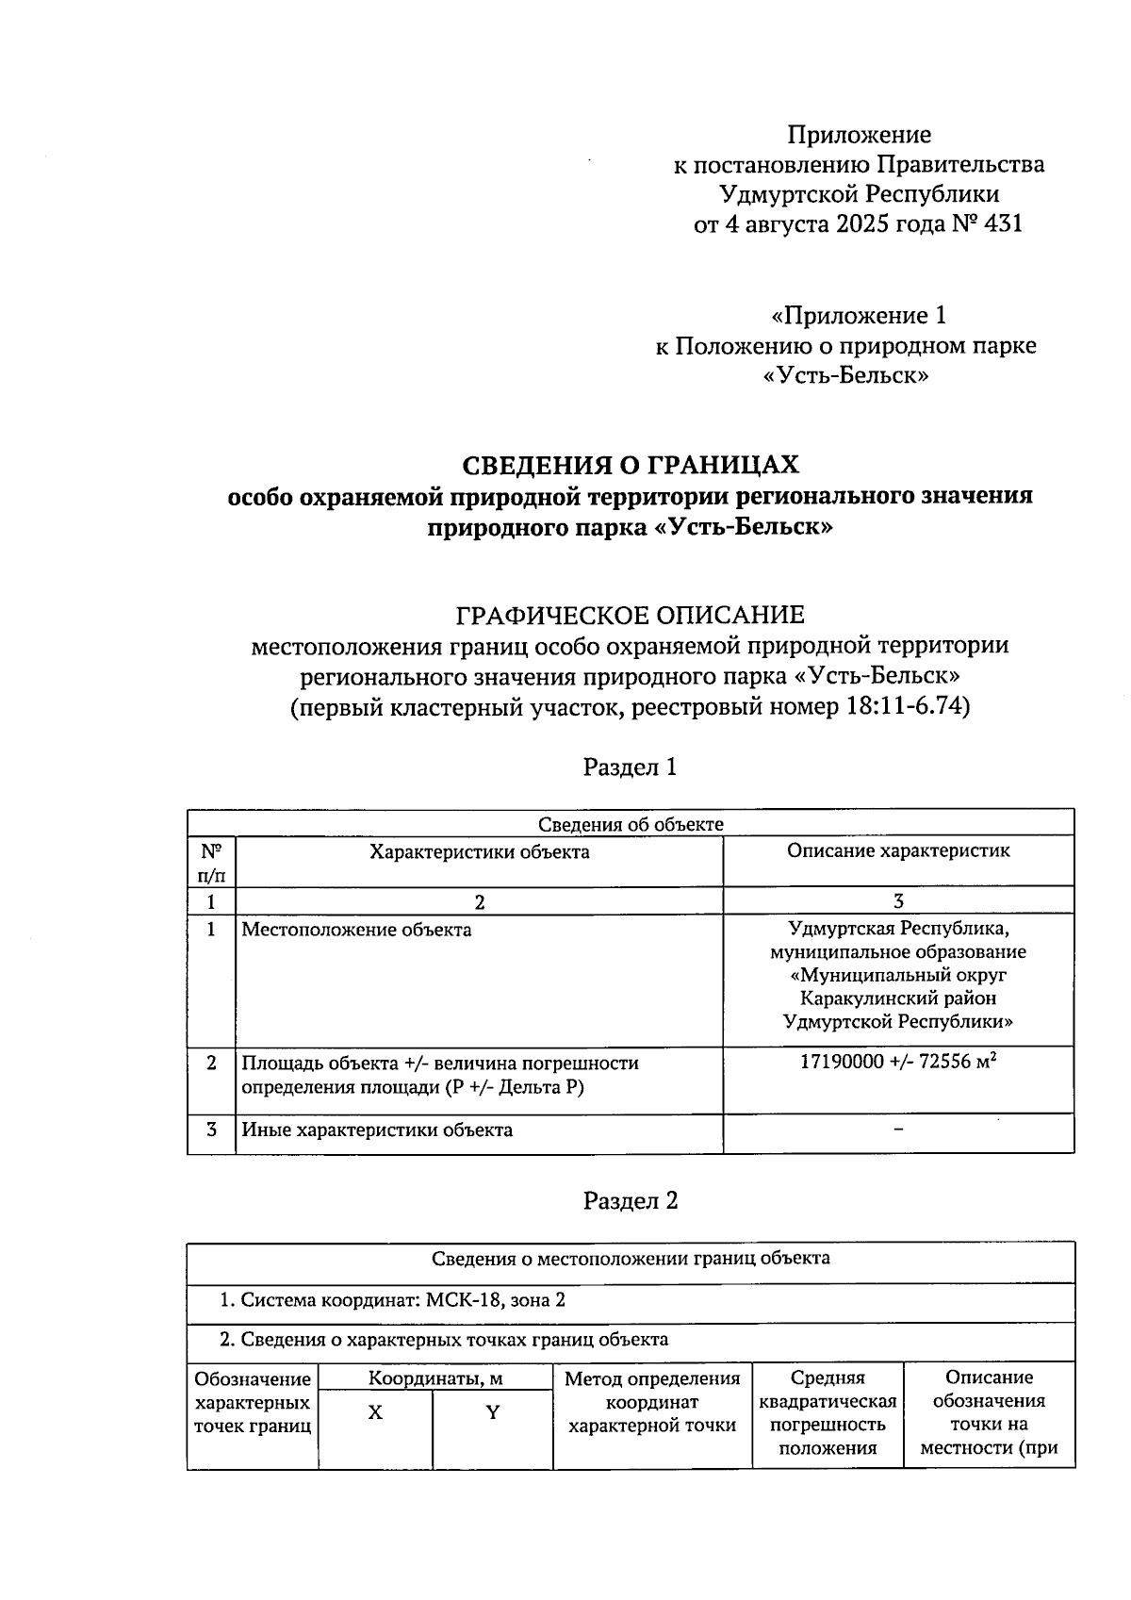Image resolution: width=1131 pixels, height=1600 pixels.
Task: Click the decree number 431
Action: pos(1001,224)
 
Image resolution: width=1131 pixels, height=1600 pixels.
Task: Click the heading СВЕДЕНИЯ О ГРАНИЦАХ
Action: pos(630,465)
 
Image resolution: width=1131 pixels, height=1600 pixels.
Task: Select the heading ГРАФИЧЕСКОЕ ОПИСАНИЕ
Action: pos(630,616)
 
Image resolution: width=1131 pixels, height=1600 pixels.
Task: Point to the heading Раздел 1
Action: pos(630,767)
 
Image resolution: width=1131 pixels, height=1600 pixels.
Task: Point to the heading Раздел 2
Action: pos(630,1200)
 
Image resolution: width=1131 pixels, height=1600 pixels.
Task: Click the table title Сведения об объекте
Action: pos(630,824)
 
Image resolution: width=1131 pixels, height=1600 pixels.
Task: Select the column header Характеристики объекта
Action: pos(479,852)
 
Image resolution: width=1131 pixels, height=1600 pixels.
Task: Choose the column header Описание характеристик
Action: pos(897,850)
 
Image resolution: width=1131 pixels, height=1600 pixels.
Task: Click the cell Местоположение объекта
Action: pos(356,931)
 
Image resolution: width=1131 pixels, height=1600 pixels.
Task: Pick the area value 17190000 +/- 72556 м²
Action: pos(897,1062)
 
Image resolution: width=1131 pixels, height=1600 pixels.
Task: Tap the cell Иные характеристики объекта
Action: pos(377,1130)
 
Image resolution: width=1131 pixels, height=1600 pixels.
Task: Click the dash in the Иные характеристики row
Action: pos(898,1129)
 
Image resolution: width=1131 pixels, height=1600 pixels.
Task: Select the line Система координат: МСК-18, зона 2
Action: pos(393,1301)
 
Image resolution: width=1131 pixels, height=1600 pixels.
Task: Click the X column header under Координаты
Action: pos(375,1413)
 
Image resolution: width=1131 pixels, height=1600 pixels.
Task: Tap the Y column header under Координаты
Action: pos(492,1413)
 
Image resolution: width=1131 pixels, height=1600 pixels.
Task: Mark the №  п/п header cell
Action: pos(211,862)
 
